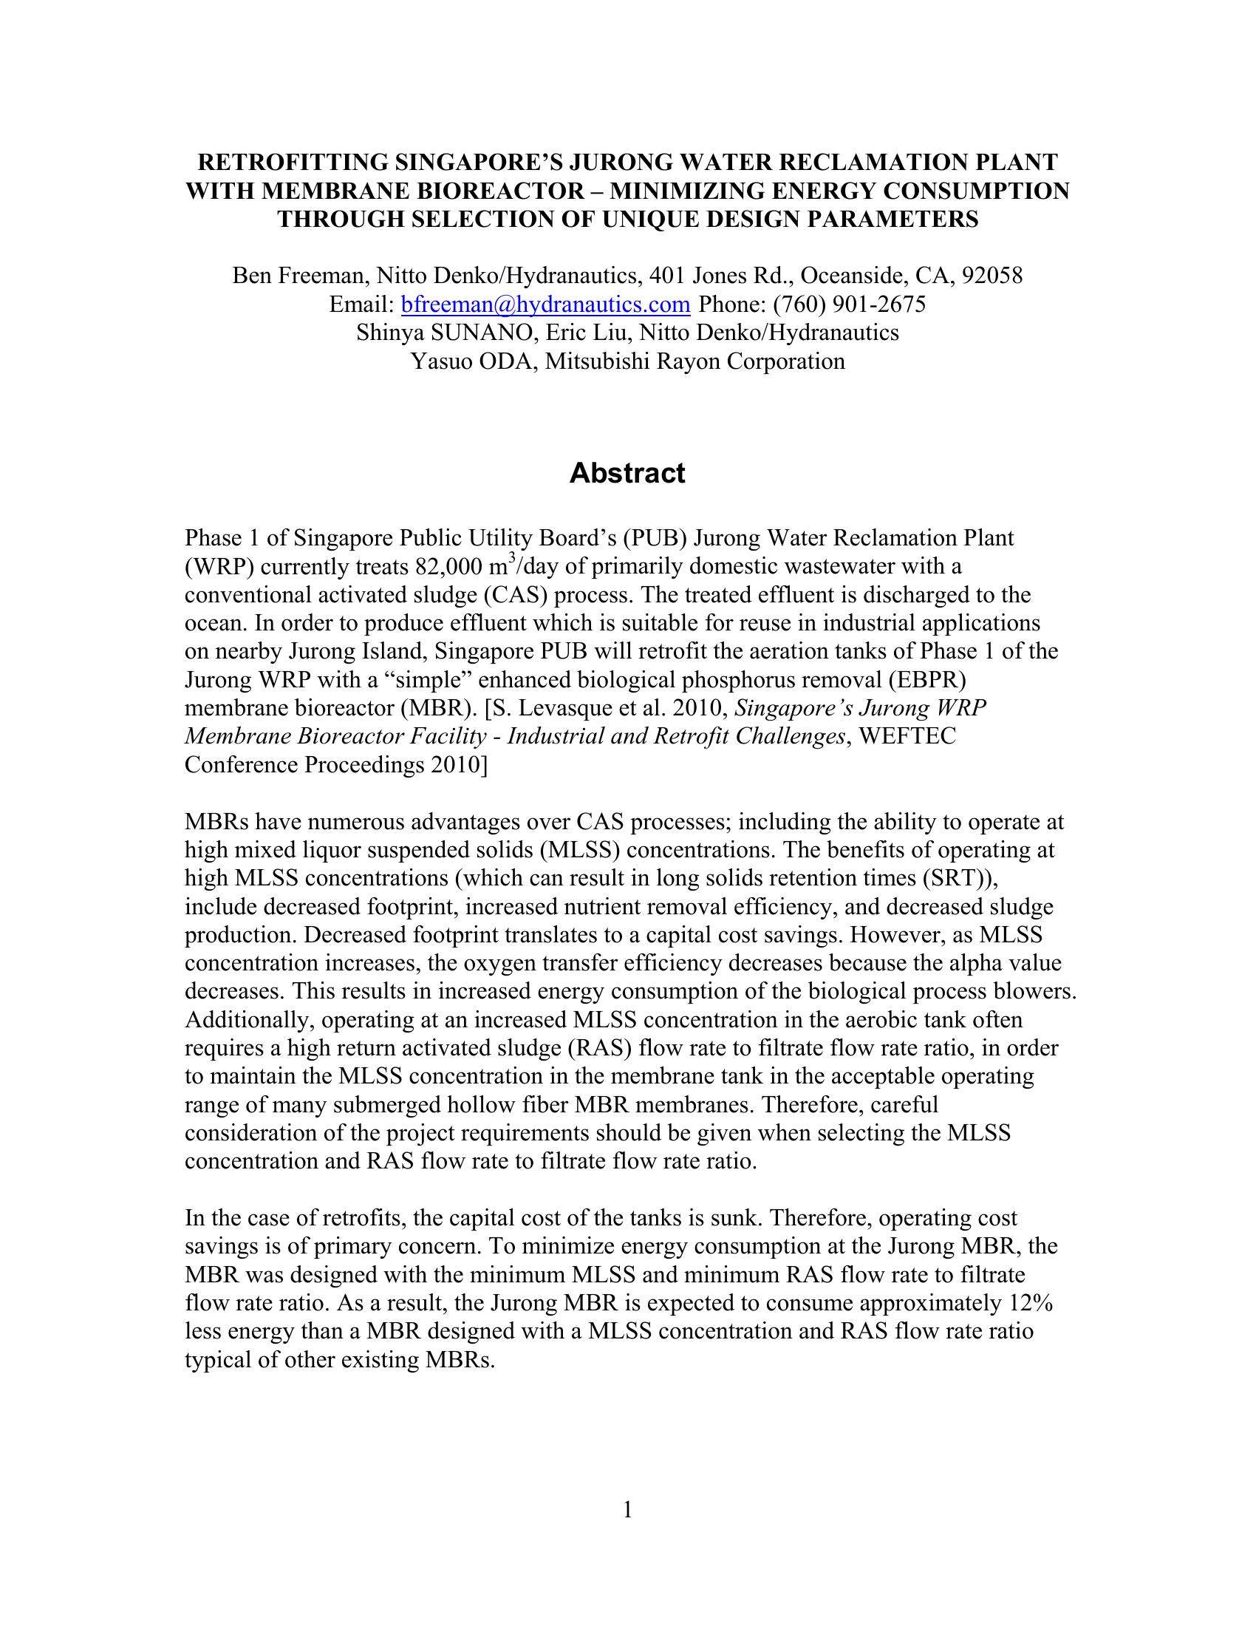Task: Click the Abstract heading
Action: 627,474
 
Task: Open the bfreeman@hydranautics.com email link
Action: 545,305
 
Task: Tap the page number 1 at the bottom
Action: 627,1510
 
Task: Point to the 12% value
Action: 1031,1304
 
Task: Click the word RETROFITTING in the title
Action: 293,163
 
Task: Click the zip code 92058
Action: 992,276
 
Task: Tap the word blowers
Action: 1037,992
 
